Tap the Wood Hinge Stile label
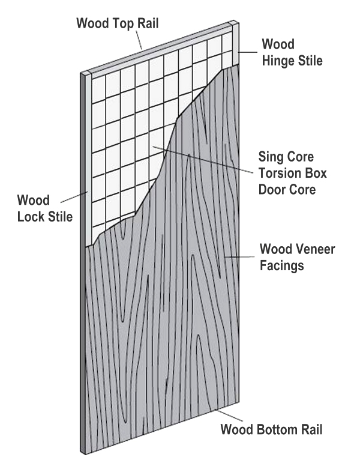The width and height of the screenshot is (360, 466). [292, 52]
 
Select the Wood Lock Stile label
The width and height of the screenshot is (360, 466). [41, 207]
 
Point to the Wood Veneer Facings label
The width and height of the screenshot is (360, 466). [296, 256]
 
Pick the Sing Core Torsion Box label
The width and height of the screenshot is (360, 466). [286, 172]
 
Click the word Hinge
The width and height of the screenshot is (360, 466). [280, 60]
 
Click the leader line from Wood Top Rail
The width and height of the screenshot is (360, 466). [138, 40]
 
